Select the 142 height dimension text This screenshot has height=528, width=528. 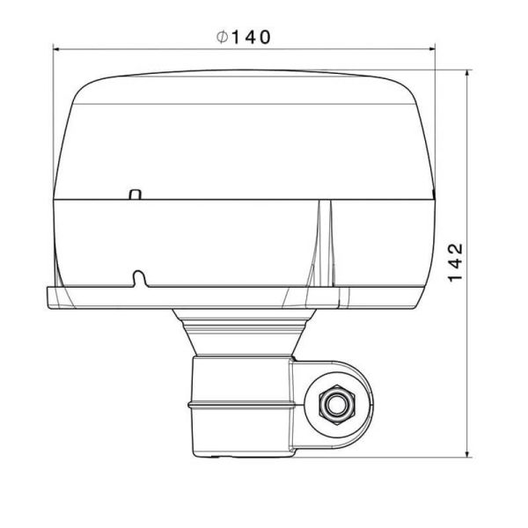[x=455, y=261]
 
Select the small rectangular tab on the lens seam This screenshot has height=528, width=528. [x=135, y=194]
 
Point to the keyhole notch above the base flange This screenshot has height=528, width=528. [x=138, y=278]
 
